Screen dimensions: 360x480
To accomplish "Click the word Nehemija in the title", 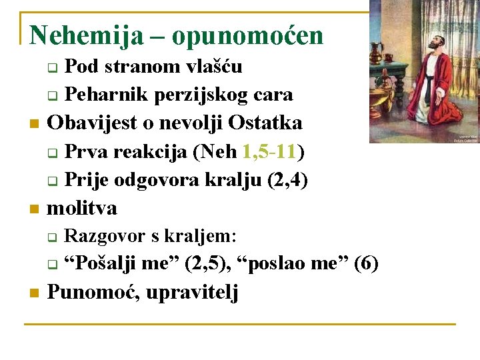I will click(x=86, y=36).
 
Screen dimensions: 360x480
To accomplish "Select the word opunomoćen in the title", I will click(x=247, y=36).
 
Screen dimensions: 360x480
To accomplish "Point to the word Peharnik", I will click(x=105, y=95).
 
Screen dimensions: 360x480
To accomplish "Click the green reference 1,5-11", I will click(x=270, y=151).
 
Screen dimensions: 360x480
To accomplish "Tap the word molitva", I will click(x=81, y=208).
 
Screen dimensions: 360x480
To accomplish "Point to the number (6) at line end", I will click(x=366, y=264).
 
